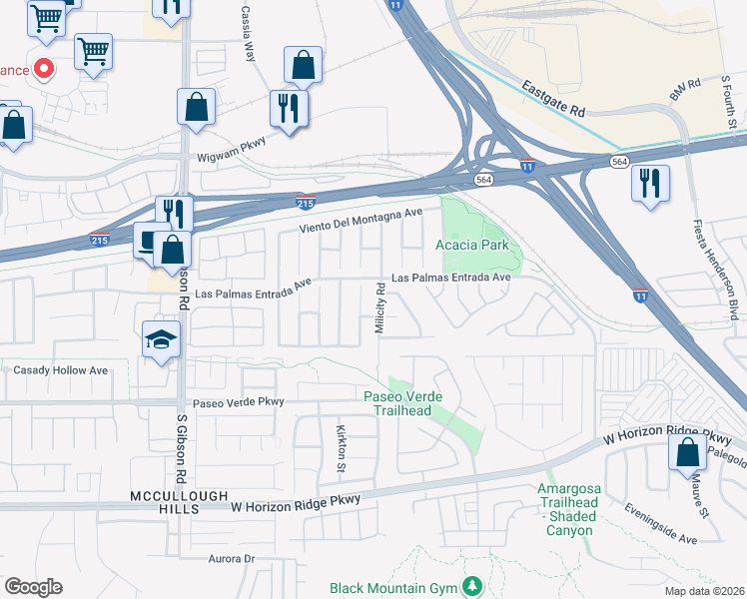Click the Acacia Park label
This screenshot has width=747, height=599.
(x=472, y=245)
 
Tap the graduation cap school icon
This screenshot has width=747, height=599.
(x=161, y=340)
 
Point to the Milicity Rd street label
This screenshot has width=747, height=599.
(x=380, y=309)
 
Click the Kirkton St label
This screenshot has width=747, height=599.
(x=340, y=447)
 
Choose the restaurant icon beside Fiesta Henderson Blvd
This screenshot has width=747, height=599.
(x=650, y=184)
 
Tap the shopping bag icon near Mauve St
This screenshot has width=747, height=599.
(x=688, y=452)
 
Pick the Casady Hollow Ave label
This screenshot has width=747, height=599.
(x=60, y=370)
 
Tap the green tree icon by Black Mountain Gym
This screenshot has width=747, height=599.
(x=477, y=585)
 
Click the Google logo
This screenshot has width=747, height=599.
(x=33, y=587)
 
